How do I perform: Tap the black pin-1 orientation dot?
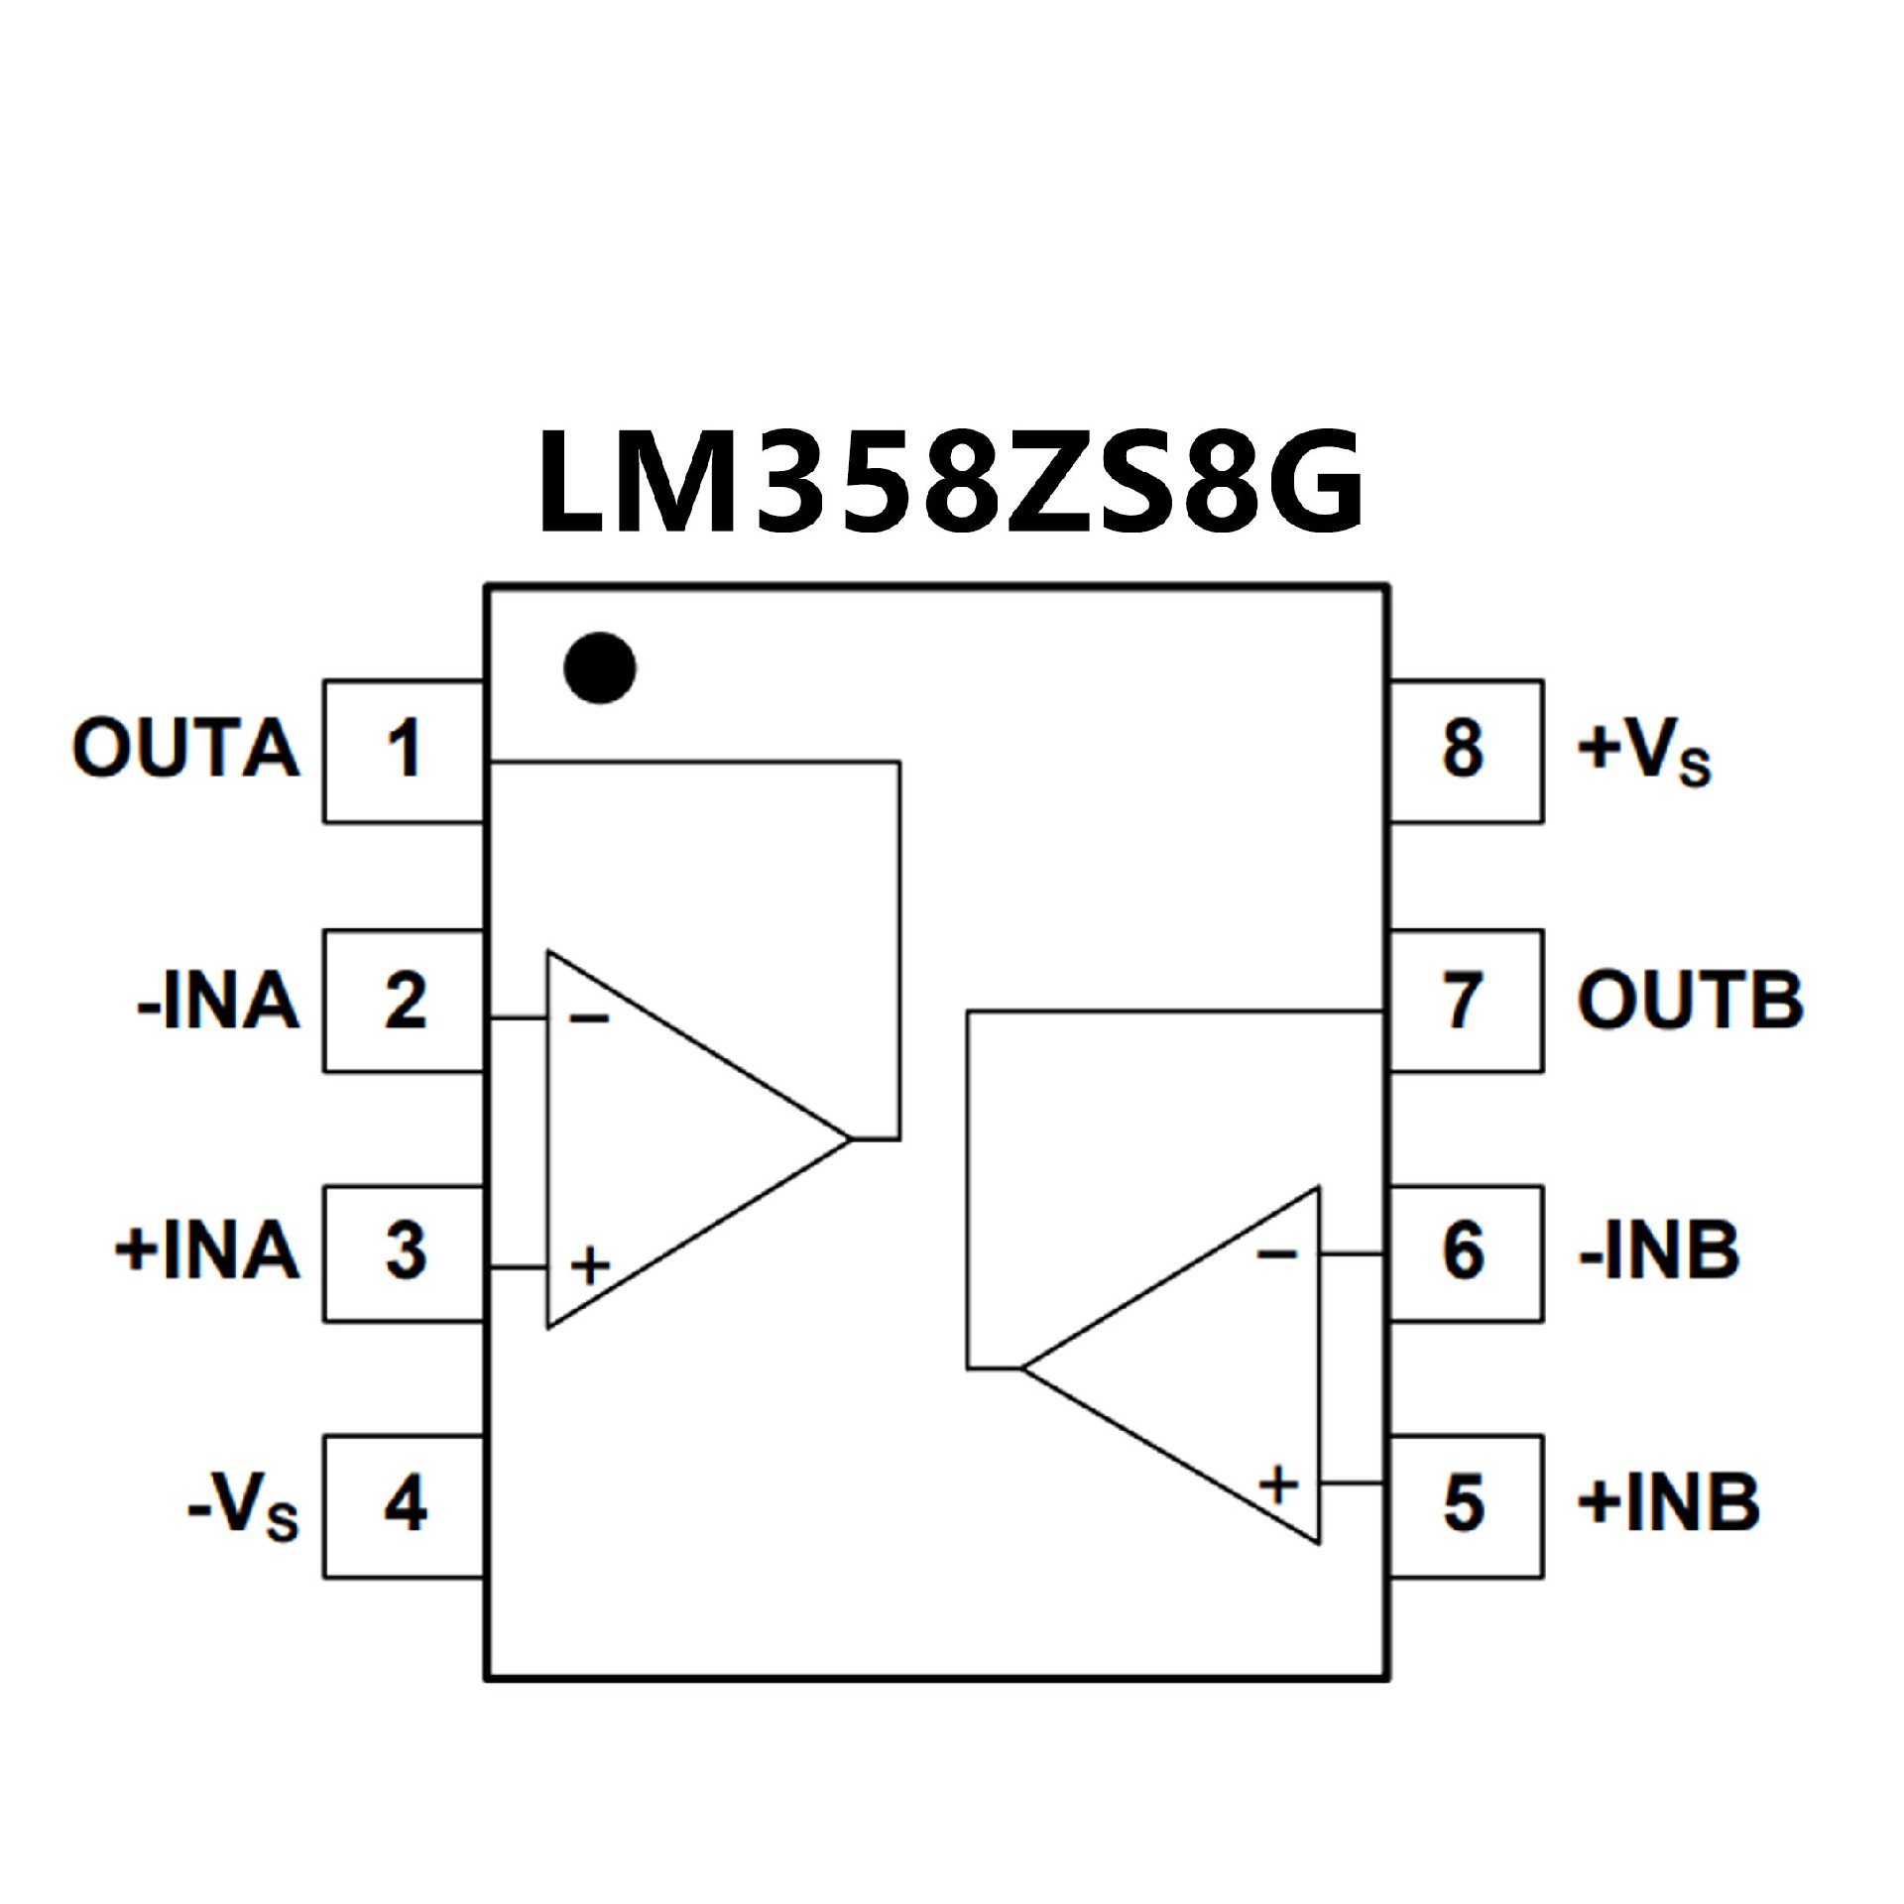pyautogui.click(x=600, y=667)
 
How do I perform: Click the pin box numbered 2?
pyautogui.click(x=404, y=1001)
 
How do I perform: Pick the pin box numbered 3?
pyautogui.click(x=404, y=1252)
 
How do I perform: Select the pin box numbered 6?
pyautogui.click(x=1465, y=1252)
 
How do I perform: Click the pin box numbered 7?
pyautogui.click(x=1465, y=1001)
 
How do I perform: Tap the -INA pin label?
pyautogui.click(x=218, y=1001)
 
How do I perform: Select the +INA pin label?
pyautogui.click(x=207, y=1250)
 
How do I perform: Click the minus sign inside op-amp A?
pyautogui.click(x=589, y=1018)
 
